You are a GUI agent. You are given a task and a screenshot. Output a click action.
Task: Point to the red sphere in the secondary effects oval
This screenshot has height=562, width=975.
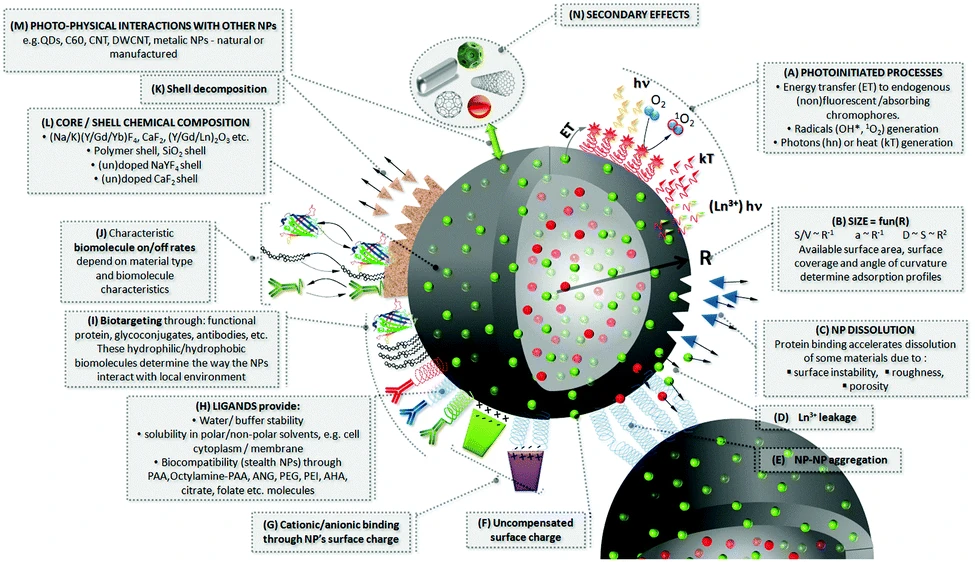(534, 107)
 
